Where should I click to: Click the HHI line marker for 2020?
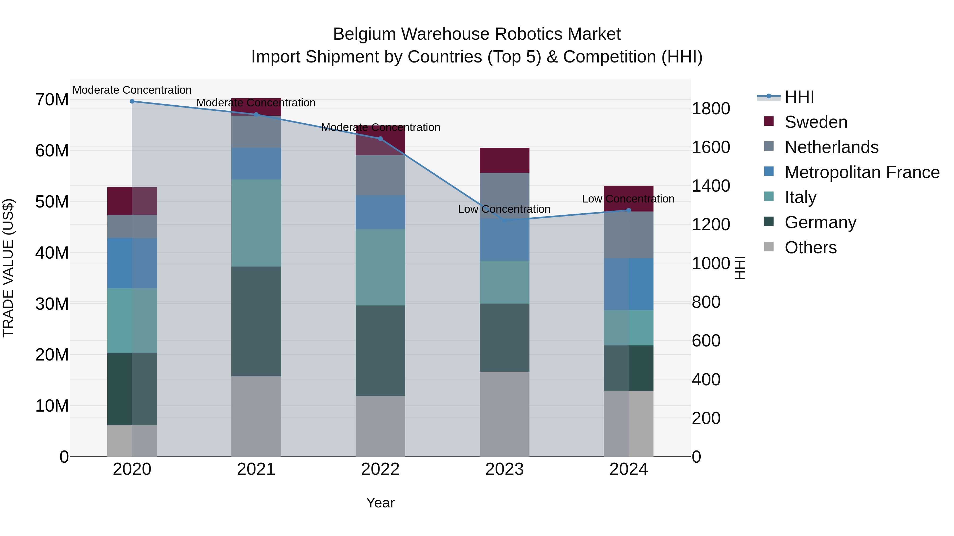(x=132, y=101)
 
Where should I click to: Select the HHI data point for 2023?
(x=504, y=220)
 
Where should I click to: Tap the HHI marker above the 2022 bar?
(x=380, y=139)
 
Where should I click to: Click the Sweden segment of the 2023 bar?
(x=504, y=160)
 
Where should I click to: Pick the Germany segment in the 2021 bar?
(x=256, y=321)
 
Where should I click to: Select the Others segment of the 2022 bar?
(x=380, y=426)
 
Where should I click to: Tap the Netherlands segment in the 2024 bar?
(x=629, y=235)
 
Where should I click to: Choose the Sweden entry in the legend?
(x=816, y=122)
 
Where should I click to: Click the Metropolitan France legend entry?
(x=862, y=172)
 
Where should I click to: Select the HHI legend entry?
(x=799, y=97)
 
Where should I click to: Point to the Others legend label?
(x=811, y=247)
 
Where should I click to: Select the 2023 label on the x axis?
(x=504, y=469)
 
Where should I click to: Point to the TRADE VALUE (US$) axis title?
(x=8, y=268)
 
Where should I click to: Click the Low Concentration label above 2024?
(x=628, y=199)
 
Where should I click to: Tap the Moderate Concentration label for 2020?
(x=132, y=90)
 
